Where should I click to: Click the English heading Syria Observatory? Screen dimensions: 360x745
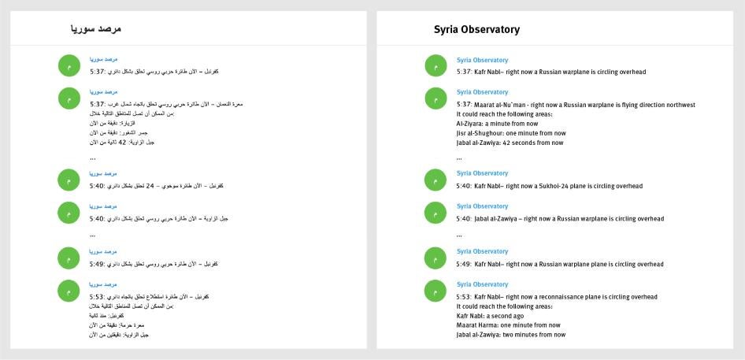pyautogui.click(x=476, y=30)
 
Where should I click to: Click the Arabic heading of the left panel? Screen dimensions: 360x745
pyautogui.click(x=95, y=30)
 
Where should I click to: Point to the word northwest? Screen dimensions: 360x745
pyautogui.click(x=677, y=105)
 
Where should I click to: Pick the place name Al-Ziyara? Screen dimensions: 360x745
pyautogui.click(x=469, y=124)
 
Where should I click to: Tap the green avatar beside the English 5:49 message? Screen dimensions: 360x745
pyautogui.click(x=436, y=258)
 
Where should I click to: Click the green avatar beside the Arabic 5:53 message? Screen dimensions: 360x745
pyautogui.click(x=69, y=291)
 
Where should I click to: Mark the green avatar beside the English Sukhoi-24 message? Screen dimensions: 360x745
pyautogui.click(x=436, y=180)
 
